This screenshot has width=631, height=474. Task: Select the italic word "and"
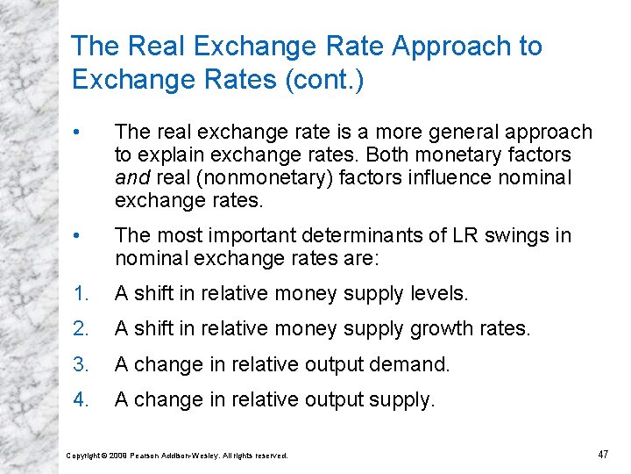131,178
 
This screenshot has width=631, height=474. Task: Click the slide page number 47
602,454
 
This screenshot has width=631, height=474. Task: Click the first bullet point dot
79,133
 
